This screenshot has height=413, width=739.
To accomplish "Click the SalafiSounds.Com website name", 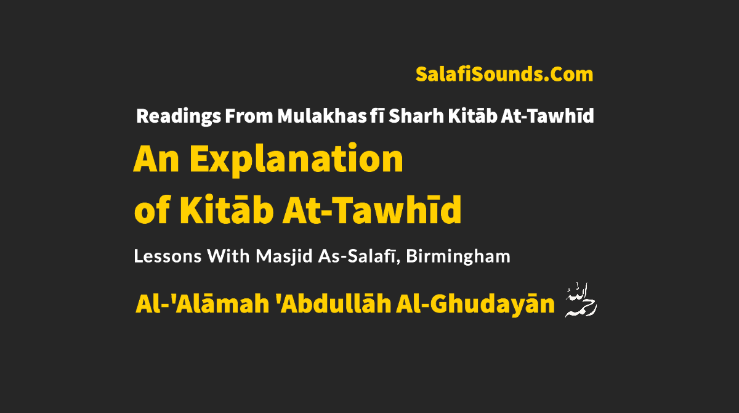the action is pos(504,75).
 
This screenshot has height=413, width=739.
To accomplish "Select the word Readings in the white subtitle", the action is pos(179,117).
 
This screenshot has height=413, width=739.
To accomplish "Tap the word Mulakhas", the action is pos(321,116).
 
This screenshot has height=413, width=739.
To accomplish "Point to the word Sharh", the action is pos(416,116).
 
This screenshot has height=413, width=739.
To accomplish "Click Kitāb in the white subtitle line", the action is pos(472,115).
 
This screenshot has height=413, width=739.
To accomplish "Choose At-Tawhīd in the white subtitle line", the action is pos(547,115).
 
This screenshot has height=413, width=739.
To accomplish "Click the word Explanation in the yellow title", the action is pos(296,160).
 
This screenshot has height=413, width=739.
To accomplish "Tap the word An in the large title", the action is pos(156,160).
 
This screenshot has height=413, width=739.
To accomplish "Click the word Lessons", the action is pos(168,256).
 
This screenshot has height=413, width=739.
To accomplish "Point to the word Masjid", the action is pos(284,257).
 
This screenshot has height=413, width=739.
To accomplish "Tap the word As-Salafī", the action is pos(359,256).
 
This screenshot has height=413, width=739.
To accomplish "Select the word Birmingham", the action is pos(458,257).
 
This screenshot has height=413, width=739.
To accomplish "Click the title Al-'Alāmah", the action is pos(202,303).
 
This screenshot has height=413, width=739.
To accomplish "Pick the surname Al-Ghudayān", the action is pos(475,304).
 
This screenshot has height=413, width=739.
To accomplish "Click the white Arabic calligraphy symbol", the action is pos(581,300).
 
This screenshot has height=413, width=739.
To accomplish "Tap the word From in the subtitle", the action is pos(249,117).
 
